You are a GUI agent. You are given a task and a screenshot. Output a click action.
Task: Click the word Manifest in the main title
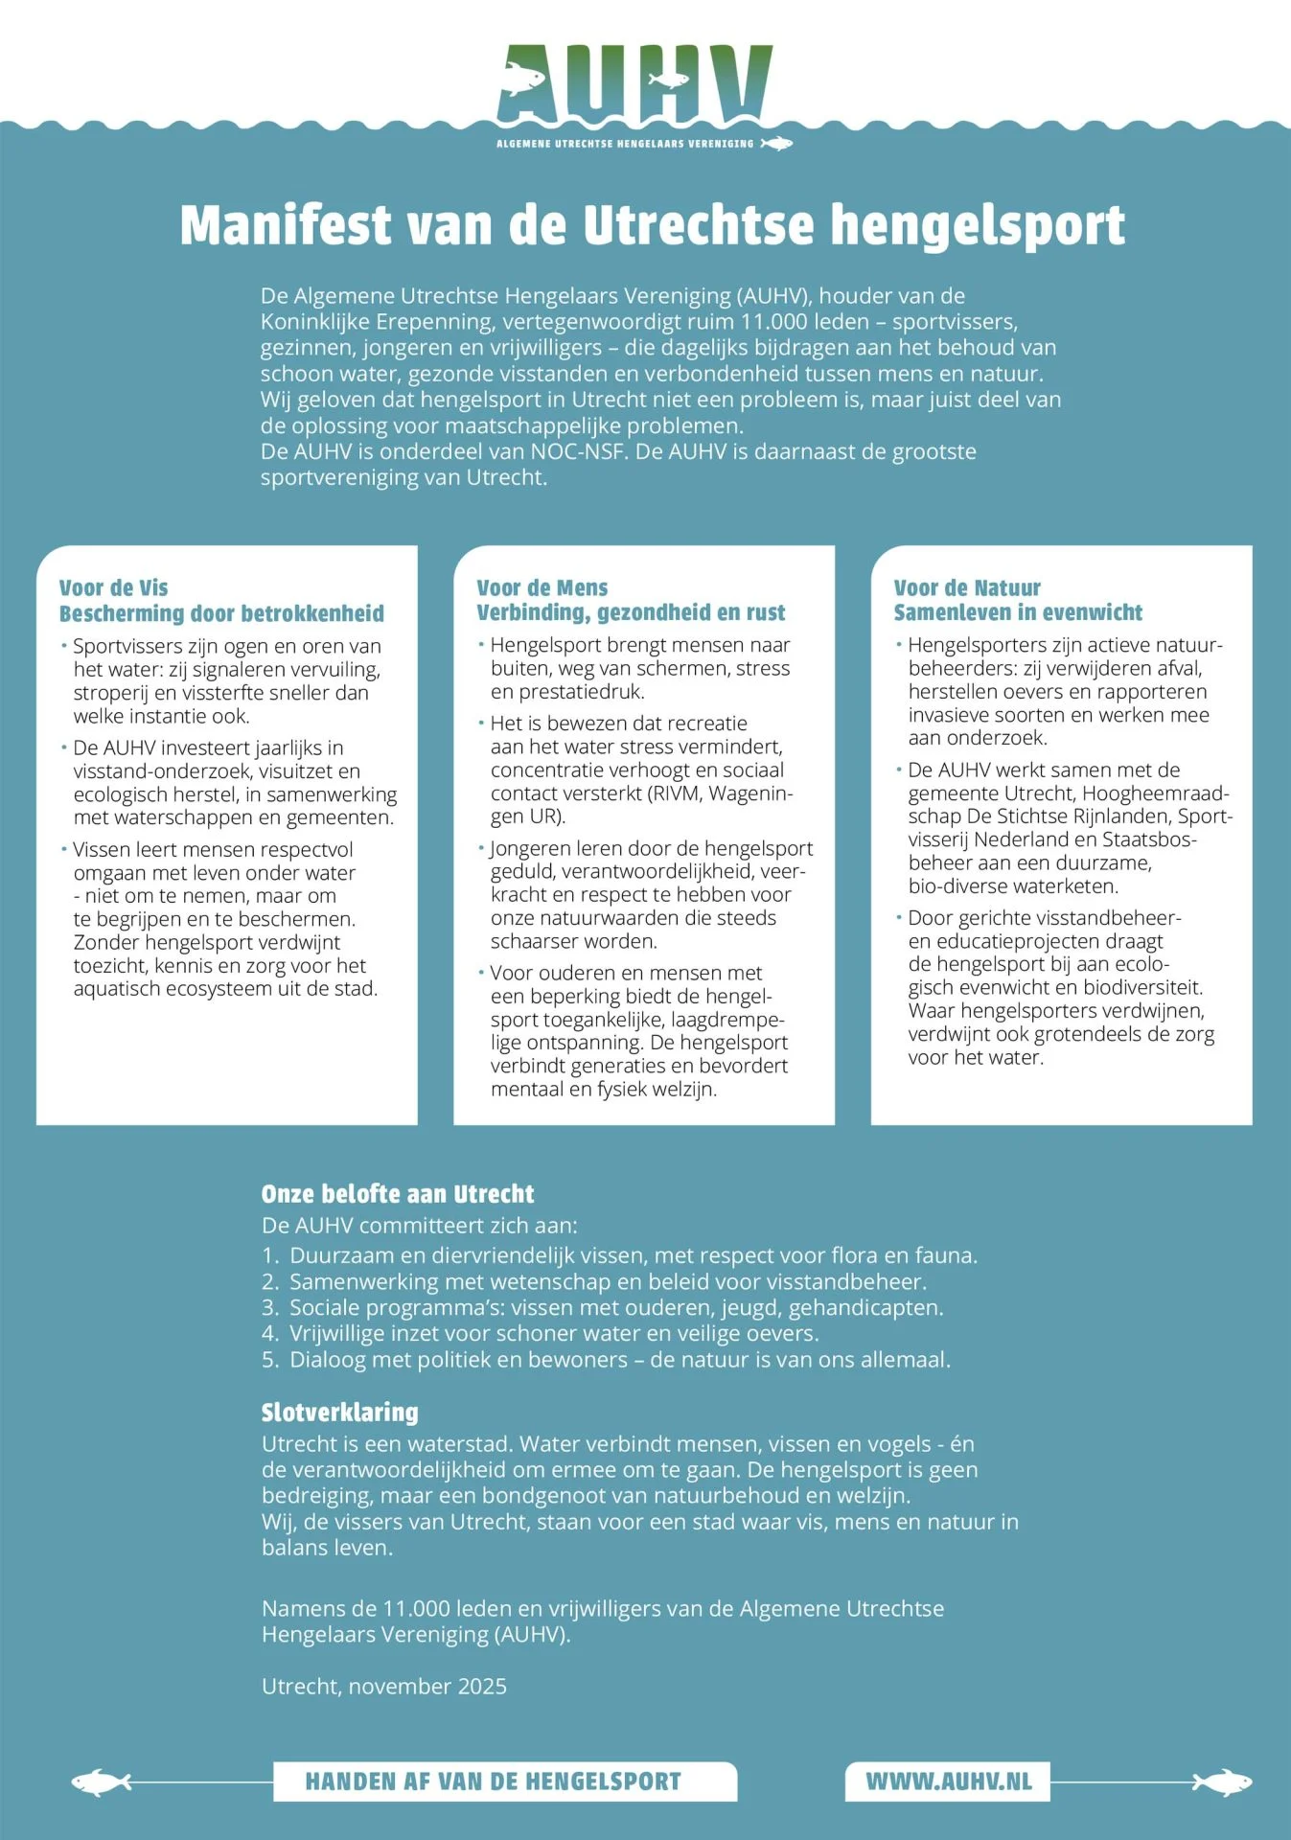[286, 225]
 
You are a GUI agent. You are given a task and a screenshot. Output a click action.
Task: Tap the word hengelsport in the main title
[977, 225]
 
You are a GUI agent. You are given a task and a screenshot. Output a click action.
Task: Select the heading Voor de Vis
[113, 587]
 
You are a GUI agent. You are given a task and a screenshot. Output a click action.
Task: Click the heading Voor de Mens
[542, 587]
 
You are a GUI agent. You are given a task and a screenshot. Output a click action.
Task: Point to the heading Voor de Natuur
[966, 587]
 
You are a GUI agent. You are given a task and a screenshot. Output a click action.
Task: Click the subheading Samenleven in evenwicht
[1018, 612]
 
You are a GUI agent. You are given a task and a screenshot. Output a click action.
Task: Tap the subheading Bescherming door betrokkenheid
[221, 613]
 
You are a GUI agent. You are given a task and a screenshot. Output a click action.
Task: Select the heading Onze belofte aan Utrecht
[398, 1194]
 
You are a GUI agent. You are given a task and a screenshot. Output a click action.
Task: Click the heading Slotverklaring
[339, 1412]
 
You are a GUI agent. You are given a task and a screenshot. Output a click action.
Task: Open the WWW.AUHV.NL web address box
[948, 1782]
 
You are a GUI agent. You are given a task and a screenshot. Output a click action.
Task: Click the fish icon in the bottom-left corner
[102, 1782]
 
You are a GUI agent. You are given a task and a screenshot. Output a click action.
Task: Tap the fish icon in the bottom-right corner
[1222, 1782]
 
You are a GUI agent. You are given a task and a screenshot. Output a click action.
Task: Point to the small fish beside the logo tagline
[776, 144]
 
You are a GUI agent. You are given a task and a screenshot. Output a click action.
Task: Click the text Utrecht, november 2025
[383, 1686]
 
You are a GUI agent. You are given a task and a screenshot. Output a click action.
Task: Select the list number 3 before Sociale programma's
[269, 1308]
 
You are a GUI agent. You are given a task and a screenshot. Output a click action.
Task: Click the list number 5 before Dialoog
[269, 1360]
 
